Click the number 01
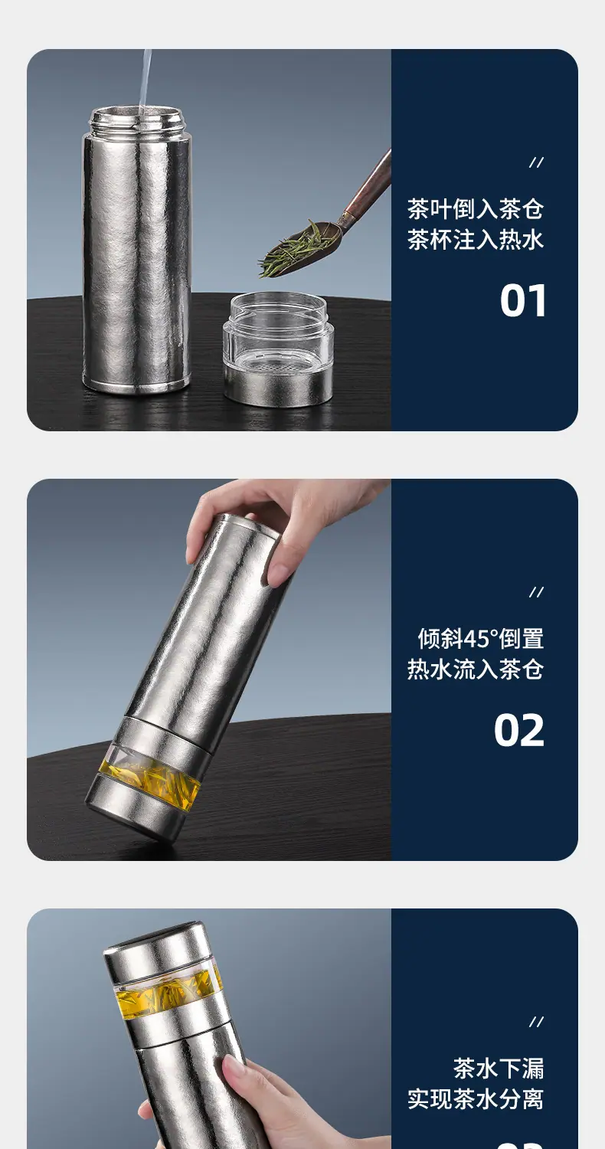pyautogui.click(x=523, y=300)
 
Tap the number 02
pyautogui.click(x=519, y=731)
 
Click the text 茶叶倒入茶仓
pyautogui.click(x=476, y=209)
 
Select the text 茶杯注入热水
pyautogui.click(x=476, y=240)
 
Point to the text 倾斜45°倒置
pyautogui.click(x=480, y=639)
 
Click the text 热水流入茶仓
pyautogui.click(x=476, y=669)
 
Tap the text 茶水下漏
pyautogui.click(x=498, y=1068)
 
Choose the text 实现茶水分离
pyautogui.click(x=476, y=1098)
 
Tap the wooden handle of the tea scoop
pyautogui.click(x=370, y=184)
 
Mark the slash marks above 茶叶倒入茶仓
pyautogui.click(x=536, y=163)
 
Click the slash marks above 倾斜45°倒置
pyautogui.click(x=536, y=593)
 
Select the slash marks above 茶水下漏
pyautogui.click(x=536, y=1023)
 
